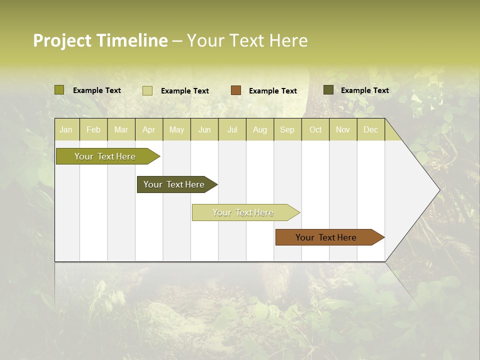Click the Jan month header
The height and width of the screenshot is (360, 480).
[x=66, y=129]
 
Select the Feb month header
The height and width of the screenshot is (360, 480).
[x=93, y=129]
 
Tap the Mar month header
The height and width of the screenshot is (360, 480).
[x=121, y=129]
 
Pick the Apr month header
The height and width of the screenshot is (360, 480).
[x=149, y=129]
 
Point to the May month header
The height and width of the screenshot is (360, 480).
[x=176, y=129]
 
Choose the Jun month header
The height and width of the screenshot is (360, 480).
[x=204, y=129]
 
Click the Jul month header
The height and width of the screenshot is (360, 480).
[x=232, y=129]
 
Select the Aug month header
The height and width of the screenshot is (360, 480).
[x=260, y=129]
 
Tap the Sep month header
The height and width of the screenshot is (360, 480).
[x=287, y=129]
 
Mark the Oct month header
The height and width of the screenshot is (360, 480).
[x=315, y=129]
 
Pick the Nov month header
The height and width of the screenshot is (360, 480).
[x=343, y=129]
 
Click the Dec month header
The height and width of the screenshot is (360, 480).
[x=370, y=129]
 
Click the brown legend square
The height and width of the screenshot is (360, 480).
[x=236, y=90]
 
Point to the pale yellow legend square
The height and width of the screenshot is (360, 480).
[x=147, y=90]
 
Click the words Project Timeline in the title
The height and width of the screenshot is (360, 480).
[x=100, y=40]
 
